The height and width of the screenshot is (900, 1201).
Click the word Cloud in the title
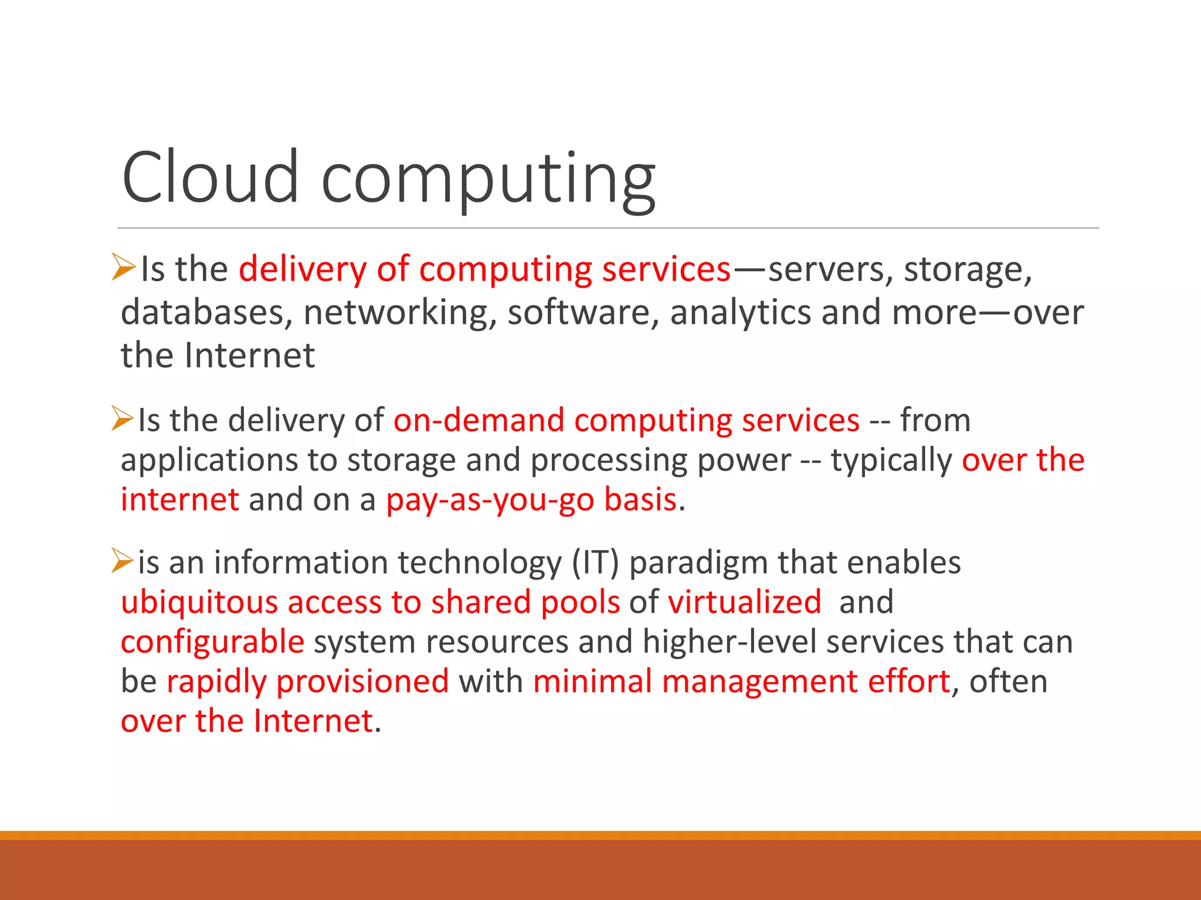(210, 177)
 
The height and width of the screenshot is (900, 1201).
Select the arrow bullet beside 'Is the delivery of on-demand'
(123, 418)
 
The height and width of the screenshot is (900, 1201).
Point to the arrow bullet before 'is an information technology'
(123, 560)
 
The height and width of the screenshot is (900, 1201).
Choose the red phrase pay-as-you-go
(490, 501)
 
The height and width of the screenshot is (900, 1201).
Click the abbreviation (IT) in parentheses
(595, 563)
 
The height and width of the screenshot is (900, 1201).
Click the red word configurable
(212, 642)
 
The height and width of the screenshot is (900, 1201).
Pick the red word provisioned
(362, 682)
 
